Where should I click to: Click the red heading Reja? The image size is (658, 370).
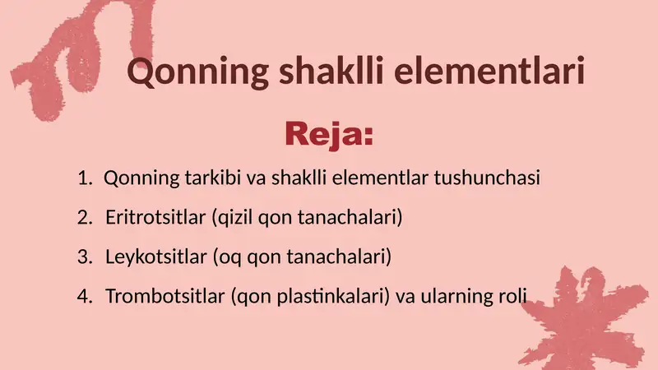tap(328, 133)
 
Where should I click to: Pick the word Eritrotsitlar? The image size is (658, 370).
tap(155, 218)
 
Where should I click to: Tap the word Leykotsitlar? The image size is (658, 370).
tap(155, 257)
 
